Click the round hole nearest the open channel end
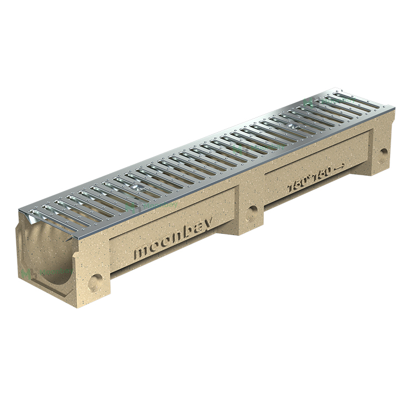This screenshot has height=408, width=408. click(x=96, y=282)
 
